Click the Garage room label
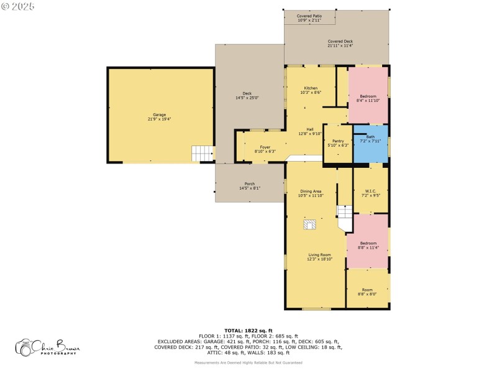pos(160,116)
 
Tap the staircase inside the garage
pos(202,153)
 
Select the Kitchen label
pos(311,90)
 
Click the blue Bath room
pos(370,144)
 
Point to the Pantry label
pos(338,143)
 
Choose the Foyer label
pos(265,149)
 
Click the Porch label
pos(250,185)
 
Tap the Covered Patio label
pos(309,18)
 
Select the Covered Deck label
pos(340,44)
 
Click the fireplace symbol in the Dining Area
pos(309,225)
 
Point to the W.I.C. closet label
pos(370,193)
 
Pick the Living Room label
pos(319,257)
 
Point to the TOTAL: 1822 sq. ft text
pos(248,330)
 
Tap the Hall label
pos(311,131)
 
